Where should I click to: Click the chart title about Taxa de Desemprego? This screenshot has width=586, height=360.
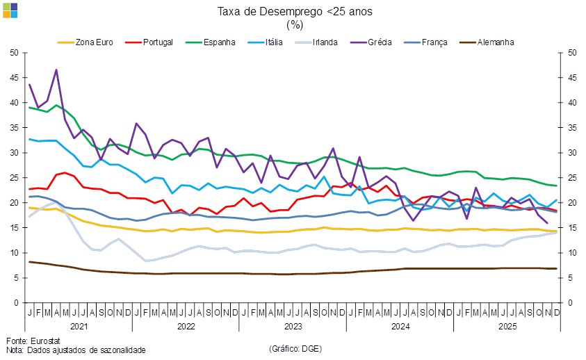point(295,11)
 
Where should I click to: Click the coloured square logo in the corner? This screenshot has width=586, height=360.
point(10,10)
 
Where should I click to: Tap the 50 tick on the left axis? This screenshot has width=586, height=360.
point(13,53)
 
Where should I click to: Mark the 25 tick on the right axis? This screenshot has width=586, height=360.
point(572,178)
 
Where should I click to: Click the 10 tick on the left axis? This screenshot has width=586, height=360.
point(13,253)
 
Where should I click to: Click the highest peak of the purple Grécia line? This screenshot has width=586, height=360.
point(56,69)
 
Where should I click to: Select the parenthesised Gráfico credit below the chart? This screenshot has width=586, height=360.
point(295,347)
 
